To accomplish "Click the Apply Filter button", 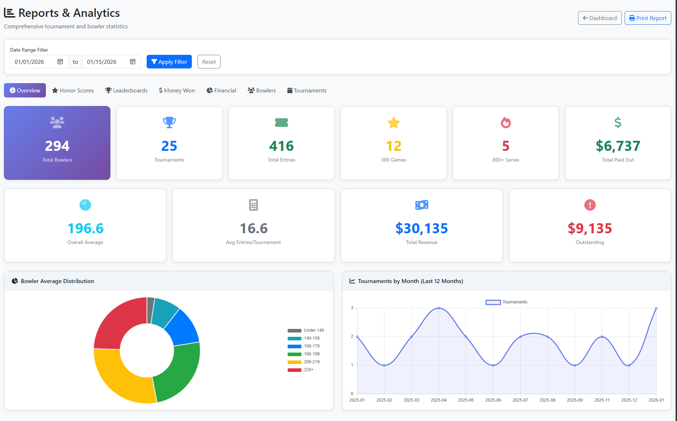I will (x=169, y=62).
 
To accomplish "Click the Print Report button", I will (x=648, y=18).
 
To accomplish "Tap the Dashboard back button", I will (x=600, y=18).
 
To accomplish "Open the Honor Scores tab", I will (x=73, y=90).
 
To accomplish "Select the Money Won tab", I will (x=177, y=90).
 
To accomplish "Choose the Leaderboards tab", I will (x=126, y=90).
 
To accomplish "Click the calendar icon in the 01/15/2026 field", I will (x=133, y=62).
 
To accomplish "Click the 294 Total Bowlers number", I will (x=57, y=146).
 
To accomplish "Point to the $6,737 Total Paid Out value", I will (x=617, y=146).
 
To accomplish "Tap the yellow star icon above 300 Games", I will (x=393, y=123).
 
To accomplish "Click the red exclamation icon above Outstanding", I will (x=590, y=205).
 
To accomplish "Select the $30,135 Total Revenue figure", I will (x=421, y=228).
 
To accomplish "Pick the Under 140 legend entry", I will (x=306, y=330).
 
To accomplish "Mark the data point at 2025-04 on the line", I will (x=439, y=308).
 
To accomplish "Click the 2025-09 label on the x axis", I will (x=574, y=400).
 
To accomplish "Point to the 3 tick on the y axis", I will (x=352, y=308).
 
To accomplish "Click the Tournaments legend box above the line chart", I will (x=493, y=302).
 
